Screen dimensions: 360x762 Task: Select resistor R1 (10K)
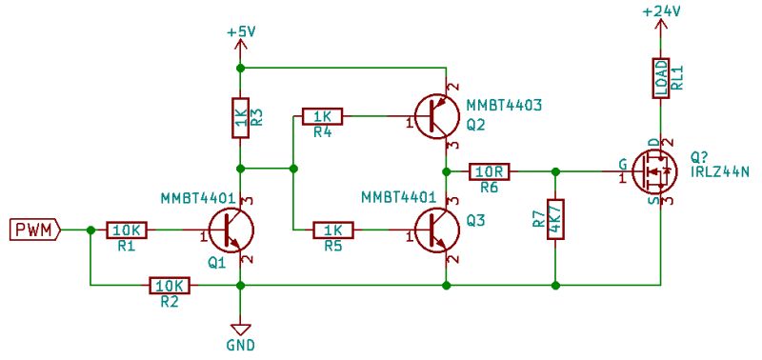click(126, 230)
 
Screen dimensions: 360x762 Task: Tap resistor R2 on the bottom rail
click(170, 285)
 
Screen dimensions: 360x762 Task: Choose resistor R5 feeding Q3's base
click(332, 230)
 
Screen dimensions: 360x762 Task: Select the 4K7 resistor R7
click(555, 220)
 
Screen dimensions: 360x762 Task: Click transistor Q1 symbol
click(231, 230)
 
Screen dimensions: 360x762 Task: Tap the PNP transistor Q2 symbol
click(437, 116)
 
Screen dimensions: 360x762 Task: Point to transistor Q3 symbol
click(437, 230)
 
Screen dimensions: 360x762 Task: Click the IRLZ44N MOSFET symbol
click(656, 171)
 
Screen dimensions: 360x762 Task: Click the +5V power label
click(241, 31)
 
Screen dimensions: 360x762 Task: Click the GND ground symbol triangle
click(241, 324)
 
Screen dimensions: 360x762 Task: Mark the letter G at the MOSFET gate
click(622, 162)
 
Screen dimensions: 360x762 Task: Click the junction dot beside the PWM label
click(90, 230)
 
